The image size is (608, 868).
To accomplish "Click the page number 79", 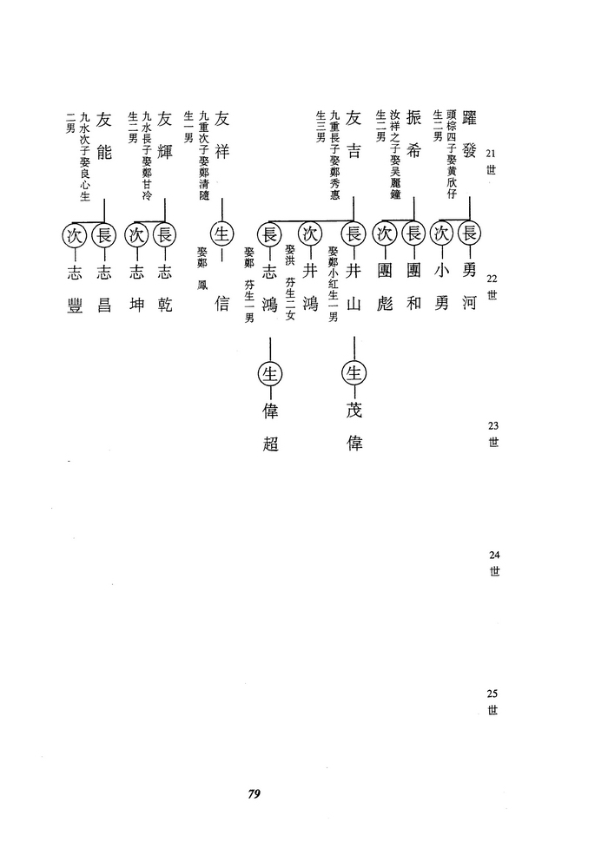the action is coord(254,793).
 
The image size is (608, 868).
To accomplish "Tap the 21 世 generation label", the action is coord(491,161).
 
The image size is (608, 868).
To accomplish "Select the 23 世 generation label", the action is coord(493,434).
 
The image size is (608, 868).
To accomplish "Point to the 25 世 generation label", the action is coord(492,701).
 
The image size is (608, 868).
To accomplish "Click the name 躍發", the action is coord(468,134).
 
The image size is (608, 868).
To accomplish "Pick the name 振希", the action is coord(413,134).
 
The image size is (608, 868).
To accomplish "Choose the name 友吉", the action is coord(354,134).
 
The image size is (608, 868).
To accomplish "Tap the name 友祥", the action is coord(221,135).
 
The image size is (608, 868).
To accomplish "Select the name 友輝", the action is coord(165,135).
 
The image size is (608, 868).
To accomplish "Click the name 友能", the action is coord(104,135).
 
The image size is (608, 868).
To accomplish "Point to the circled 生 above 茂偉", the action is coord(354,374).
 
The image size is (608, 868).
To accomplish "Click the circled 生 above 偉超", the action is coord(269,374).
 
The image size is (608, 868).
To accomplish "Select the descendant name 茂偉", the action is coord(354,426).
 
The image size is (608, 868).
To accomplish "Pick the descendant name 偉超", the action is coord(269,426).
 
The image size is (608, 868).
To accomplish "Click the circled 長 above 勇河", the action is coord(469,233).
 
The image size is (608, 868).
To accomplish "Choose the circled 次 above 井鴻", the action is coord(310,233).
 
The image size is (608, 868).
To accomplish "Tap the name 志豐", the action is coord(74,288).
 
